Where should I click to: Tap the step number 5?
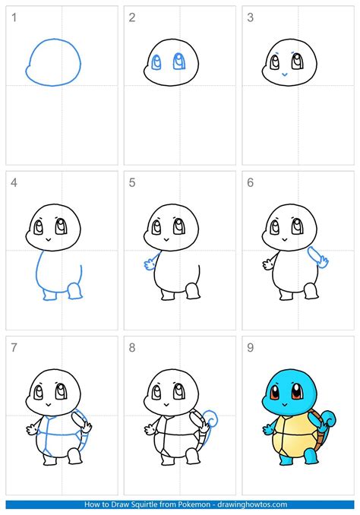click(x=131, y=182)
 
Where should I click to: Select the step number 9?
click(x=251, y=347)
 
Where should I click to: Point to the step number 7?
click(x=13, y=347)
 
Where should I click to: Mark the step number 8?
click(x=131, y=347)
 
